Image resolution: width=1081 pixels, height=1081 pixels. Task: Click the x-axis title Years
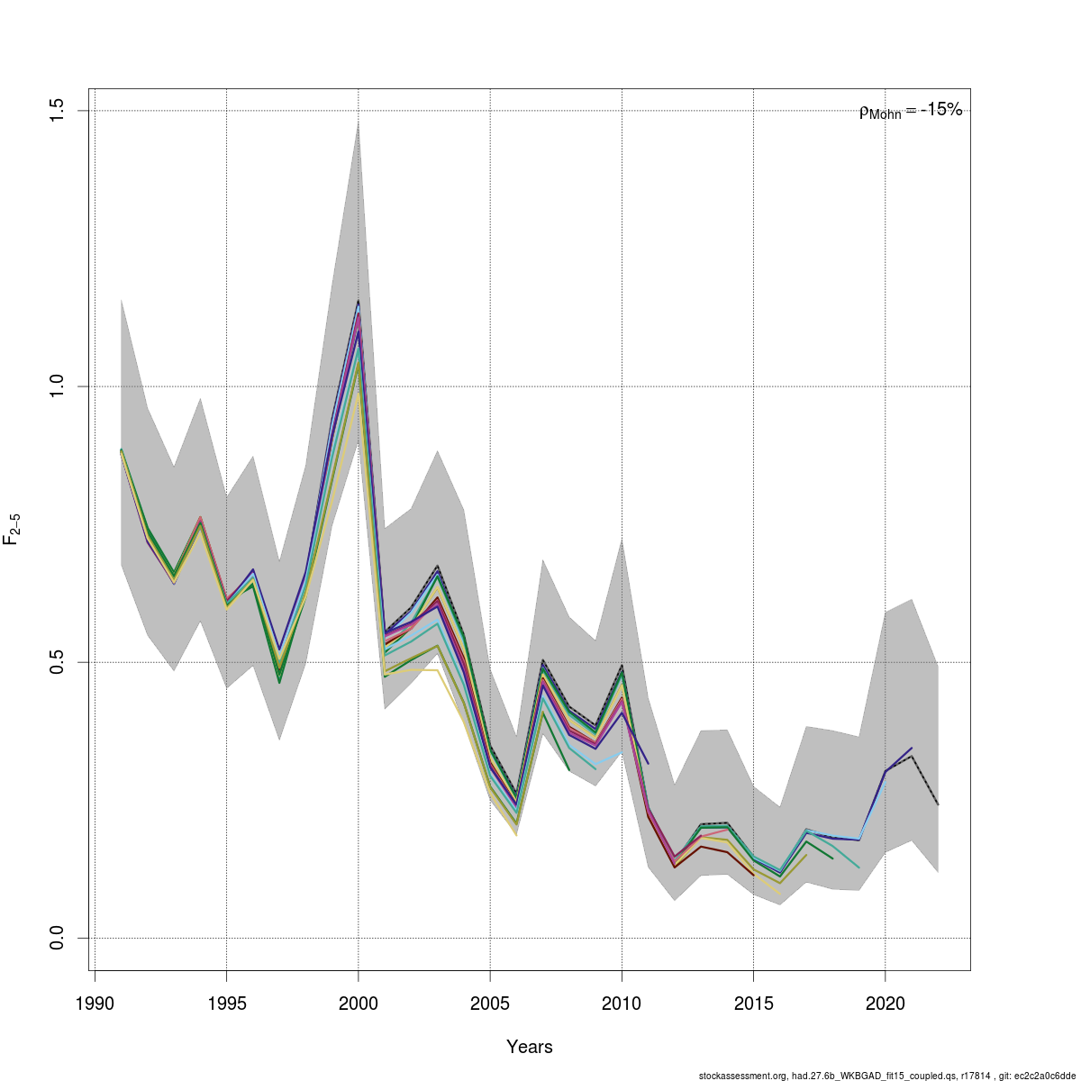click(530, 1047)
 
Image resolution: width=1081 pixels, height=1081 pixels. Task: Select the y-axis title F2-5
click(13, 528)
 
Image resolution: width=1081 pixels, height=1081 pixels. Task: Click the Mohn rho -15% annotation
click(911, 111)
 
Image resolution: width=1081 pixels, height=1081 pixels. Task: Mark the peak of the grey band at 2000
click(359, 122)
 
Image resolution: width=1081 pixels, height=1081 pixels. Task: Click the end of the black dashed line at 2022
click(938, 804)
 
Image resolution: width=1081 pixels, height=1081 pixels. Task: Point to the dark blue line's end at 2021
click(912, 748)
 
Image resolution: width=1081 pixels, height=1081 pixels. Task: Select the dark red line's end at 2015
click(753, 875)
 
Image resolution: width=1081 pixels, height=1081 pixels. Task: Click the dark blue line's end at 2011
click(648, 764)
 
